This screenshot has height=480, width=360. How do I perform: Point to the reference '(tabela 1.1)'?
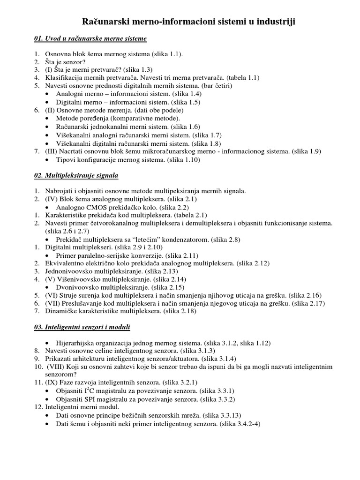coord(243,78)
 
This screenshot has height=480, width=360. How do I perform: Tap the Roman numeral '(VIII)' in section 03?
coord(59,367)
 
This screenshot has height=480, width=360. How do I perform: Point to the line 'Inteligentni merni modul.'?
coord(82,407)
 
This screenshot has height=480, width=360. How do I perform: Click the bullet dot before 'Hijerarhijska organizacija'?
coord(49,343)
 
